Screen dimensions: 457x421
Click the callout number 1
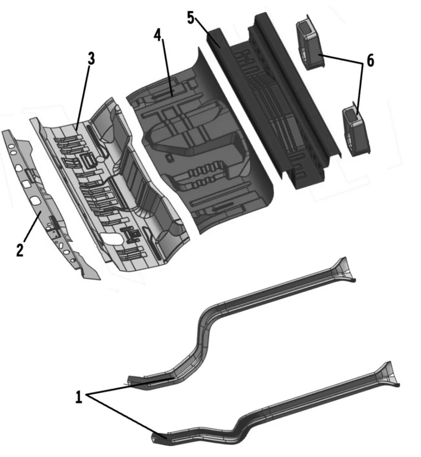[79, 397]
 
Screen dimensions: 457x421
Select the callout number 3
[91, 59]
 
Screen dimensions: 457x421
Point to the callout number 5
[191, 18]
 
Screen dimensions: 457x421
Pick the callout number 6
[370, 61]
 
